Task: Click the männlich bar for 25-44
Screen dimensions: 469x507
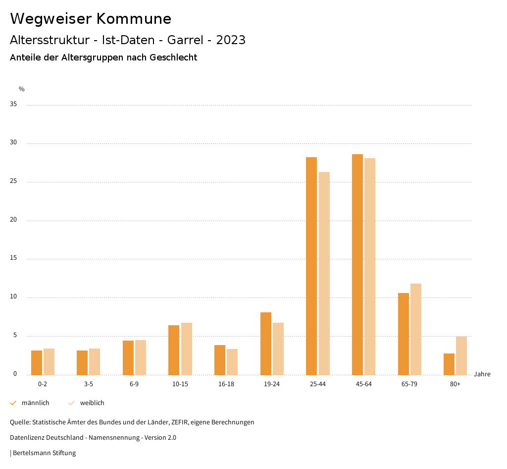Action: (311, 266)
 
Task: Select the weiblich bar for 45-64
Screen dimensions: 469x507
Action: (370, 266)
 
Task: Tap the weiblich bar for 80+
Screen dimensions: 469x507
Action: (461, 355)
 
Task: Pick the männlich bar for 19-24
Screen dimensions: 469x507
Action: (266, 344)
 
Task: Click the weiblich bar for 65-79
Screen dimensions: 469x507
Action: (416, 329)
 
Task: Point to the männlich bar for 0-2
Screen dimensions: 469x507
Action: (37, 362)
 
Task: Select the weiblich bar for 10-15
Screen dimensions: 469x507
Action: (187, 349)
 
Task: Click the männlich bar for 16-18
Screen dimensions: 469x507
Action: (220, 360)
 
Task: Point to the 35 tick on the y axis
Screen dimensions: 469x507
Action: (13, 105)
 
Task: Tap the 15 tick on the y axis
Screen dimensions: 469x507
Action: (13, 258)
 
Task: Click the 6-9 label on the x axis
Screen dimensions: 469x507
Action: (134, 384)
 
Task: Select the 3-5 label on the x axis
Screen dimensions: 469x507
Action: (89, 384)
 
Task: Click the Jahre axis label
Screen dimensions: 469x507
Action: (482, 374)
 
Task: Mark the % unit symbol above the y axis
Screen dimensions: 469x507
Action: (22, 89)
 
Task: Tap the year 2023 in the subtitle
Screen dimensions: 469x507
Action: (231, 40)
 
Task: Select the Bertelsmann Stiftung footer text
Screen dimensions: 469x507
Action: (44, 453)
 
